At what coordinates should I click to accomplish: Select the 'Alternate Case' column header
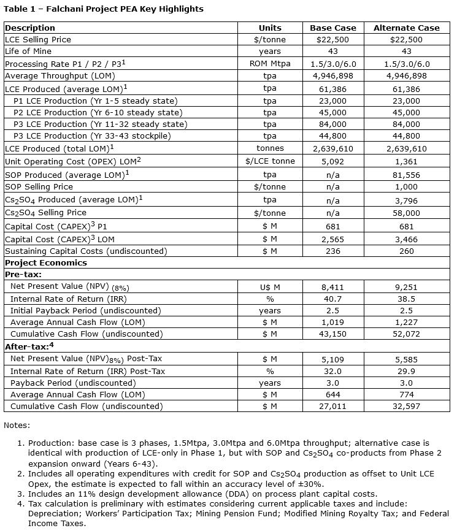(x=406, y=28)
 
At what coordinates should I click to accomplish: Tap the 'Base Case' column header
(x=333, y=28)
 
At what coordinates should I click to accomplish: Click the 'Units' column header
(x=270, y=28)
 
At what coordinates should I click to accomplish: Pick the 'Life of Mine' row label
(x=28, y=52)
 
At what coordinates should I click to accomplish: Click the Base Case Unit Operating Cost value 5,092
(x=333, y=161)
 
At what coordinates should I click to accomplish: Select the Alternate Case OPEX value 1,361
(x=406, y=161)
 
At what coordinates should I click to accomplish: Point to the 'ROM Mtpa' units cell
(x=270, y=64)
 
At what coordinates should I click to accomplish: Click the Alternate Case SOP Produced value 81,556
(x=406, y=174)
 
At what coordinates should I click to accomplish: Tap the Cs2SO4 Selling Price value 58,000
(x=406, y=213)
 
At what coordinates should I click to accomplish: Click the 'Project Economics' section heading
(x=46, y=262)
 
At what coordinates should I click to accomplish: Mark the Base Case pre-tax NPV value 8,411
(x=333, y=286)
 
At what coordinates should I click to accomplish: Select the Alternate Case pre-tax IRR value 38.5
(x=406, y=299)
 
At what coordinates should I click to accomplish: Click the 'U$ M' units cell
(x=270, y=286)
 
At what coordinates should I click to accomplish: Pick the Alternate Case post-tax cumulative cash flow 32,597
(x=406, y=406)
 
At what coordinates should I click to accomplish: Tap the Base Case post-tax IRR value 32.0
(x=333, y=371)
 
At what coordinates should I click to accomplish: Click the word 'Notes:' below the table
(x=17, y=425)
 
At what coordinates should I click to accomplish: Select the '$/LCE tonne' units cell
(x=270, y=161)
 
